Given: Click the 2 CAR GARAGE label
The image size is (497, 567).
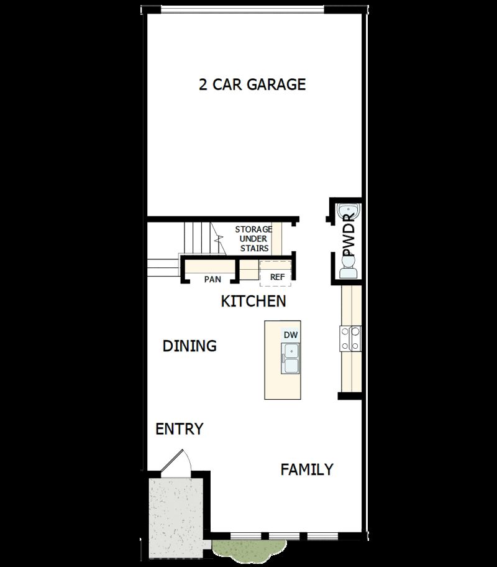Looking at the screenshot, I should (252, 85).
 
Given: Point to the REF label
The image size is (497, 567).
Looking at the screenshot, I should (276, 277).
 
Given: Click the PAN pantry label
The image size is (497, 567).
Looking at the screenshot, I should (212, 279).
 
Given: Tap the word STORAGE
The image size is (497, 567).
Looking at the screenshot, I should (253, 229).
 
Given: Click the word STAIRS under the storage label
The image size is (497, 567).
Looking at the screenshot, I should (255, 248).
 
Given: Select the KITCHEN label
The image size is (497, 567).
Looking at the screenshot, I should (253, 302).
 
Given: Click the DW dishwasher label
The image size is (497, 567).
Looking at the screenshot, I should (291, 335).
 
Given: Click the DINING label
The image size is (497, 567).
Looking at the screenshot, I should (189, 346).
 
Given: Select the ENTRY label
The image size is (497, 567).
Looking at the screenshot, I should (179, 429).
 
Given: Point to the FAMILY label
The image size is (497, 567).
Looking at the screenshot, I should (307, 469).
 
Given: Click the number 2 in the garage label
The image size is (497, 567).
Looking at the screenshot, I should (203, 85).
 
